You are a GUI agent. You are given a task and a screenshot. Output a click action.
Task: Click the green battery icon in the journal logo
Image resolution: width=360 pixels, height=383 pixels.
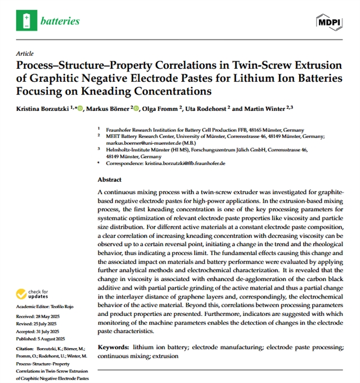click(x=26, y=21)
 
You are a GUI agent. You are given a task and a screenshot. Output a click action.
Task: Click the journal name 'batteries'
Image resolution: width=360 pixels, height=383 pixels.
click(x=60, y=21)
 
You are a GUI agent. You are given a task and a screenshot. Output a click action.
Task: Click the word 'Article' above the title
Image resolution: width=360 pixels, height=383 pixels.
click(x=26, y=54)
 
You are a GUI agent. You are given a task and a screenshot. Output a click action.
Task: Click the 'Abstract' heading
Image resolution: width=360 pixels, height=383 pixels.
click(x=109, y=180)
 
